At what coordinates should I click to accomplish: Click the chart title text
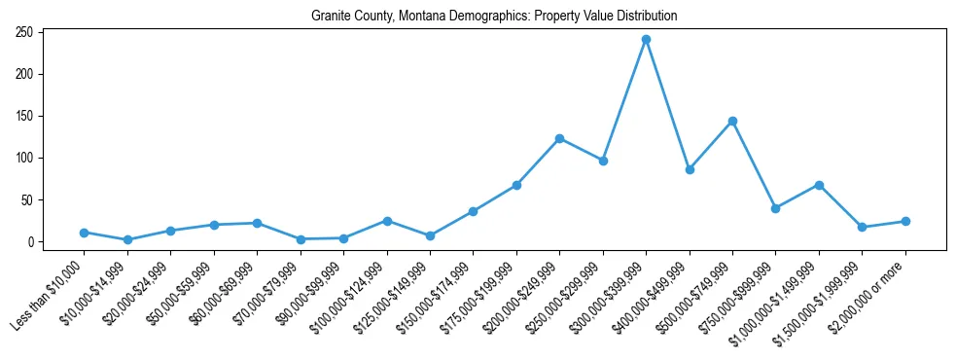494,17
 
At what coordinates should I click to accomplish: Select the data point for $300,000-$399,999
646,40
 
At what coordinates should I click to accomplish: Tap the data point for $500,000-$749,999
732,121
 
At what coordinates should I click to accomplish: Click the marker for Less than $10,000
85,233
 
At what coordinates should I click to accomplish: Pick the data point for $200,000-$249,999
559,138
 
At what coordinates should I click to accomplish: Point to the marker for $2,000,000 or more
905,221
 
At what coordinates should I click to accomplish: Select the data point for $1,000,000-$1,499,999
819,185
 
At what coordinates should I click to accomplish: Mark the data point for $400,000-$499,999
690,169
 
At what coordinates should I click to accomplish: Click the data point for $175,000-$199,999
516,185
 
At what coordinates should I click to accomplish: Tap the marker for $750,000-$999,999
775,208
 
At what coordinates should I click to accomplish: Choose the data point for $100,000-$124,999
387,221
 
